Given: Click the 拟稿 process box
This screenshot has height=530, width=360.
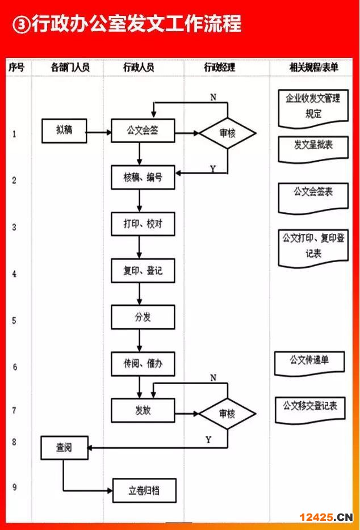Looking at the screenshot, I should (64, 131).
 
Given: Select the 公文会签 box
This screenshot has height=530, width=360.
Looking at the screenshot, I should (143, 131).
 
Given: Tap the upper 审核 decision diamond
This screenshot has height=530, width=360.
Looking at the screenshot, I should (227, 134).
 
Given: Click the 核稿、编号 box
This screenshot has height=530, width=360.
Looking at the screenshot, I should (143, 178).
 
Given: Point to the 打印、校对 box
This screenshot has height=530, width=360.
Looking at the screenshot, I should (143, 224).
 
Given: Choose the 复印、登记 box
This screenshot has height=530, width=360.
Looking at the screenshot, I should (143, 271).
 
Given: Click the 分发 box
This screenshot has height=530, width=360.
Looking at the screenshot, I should (143, 317).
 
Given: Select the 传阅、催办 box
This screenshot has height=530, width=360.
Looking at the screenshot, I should (143, 364).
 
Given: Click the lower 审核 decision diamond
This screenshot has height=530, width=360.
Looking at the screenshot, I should (227, 414).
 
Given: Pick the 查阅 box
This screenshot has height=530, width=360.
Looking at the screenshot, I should (64, 448).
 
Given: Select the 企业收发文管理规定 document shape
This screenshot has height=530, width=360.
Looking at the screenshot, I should (313, 106).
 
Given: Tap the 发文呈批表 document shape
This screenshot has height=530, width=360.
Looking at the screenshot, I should (313, 146).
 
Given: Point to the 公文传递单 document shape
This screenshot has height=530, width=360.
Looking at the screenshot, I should (309, 361).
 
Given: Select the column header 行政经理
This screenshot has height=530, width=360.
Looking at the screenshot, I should (219, 68).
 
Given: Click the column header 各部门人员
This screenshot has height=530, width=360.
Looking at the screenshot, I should (70, 68).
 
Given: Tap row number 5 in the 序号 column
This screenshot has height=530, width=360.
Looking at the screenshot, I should (14, 320).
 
